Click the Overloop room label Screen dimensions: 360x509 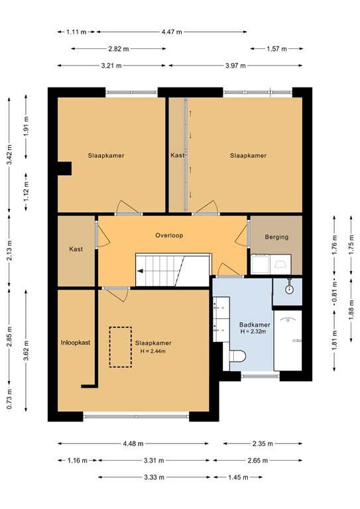pyautogui.click(x=169, y=235)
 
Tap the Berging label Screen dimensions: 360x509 pyautogui.click(x=276, y=237)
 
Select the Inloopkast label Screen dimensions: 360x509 pyautogui.click(x=76, y=343)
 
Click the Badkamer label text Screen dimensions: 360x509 pyautogui.click(x=255, y=325)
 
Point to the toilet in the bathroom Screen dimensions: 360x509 pyautogui.click(x=237, y=356)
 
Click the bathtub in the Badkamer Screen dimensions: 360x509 pyautogui.click(x=288, y=341)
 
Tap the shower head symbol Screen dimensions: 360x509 pyautogui.click(x=289, y=288)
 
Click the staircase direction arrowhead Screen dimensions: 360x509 pyautogui.click(x=141, y=271)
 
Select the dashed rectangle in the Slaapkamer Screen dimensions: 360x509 pyautogui.click(x=121, y=347)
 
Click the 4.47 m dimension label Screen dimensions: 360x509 pyautogui.click(x=172, y=32)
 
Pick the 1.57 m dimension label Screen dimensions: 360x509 pyautogui.click(x=276, y=48)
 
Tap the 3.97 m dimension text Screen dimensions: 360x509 pyautogui.click(x=235, y=66)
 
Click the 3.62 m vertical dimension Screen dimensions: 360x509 pyautogui.click(x=27, y=350)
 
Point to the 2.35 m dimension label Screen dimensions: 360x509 pyautogui.click(x=263, y=443)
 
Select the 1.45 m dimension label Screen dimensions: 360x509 pyautogui.click(x=238, y=477)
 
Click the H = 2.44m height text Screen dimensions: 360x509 pyautogui.click(x=153, y=351)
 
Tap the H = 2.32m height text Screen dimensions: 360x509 pyautogui.click(x=253, y=331)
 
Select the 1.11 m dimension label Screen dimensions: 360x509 pyautogui.click(x=76, y=32)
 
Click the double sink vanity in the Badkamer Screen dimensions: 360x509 pyautogui.click(x=221, y=318)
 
